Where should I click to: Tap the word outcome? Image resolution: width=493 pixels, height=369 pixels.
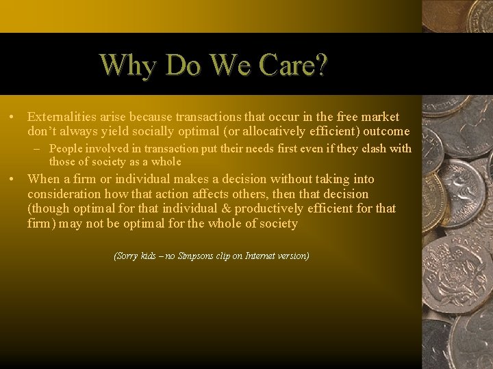coord(386,131)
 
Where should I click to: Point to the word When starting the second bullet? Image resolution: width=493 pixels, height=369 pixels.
coord(44,179)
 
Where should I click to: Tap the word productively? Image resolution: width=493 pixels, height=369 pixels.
coord(279,208)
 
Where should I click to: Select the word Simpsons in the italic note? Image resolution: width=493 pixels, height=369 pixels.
coord(194,256)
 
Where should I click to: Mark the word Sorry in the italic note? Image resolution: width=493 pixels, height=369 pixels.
coord(125,256)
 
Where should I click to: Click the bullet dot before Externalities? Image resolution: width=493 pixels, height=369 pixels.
coord(12,118)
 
